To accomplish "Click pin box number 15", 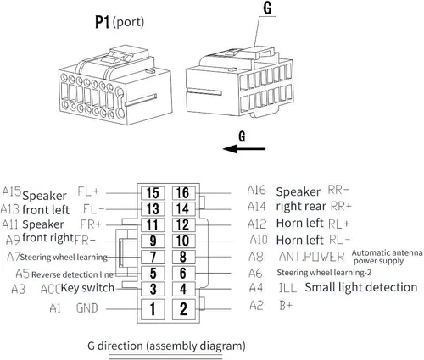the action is point(153,193).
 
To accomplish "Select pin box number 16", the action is point(183,193).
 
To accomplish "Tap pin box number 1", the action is point(153,309).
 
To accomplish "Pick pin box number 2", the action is point(183,309).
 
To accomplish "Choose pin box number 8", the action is point(183,257).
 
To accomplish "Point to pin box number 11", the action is point(153,225).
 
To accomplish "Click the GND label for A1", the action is point(87,308).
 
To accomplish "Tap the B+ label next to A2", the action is point(286,306).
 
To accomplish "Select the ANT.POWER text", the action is point(312,257).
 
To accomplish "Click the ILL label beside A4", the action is point(287,288).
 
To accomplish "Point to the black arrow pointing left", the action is point(244,148).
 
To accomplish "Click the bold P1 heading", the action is point(102,22).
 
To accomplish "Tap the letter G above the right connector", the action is point(267,8).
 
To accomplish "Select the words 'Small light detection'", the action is point(361,287).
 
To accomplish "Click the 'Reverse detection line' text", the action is point(72,274).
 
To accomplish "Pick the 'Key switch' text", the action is point(87,288).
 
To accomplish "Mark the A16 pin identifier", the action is point(257,190).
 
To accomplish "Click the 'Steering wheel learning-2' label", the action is point(324,273).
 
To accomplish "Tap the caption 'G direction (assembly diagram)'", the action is point(166,346).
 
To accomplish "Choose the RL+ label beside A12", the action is point(339,224).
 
